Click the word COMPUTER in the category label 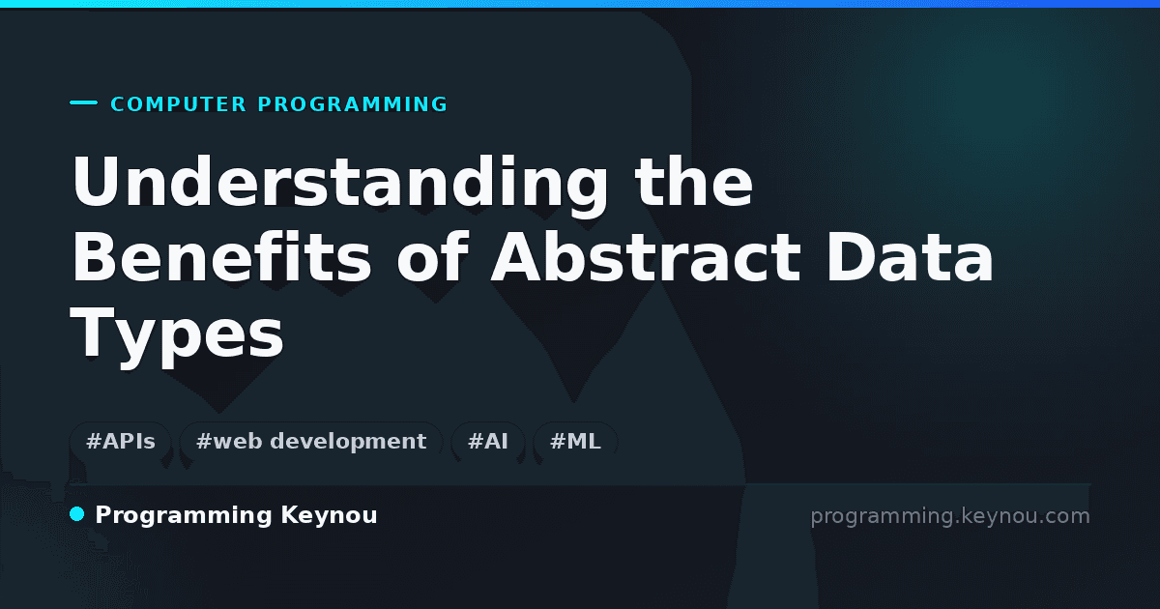click(178, 104)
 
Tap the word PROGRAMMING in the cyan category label click(352, 104)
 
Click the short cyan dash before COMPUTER click(83, 102)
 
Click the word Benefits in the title click(221, 257)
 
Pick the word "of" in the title click(433, 257)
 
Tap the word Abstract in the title click(646, 257)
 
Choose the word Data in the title click(910, 257)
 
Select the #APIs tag click(121, 441)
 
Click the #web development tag click(311, 441)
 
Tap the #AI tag click(488, 441)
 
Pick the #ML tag click(575, 441)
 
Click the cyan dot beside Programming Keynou click(77, 514)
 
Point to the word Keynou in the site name click(329, 515)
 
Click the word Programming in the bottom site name click(184, 516)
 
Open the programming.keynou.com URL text click(950, 516)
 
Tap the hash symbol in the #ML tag click(557, 441)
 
